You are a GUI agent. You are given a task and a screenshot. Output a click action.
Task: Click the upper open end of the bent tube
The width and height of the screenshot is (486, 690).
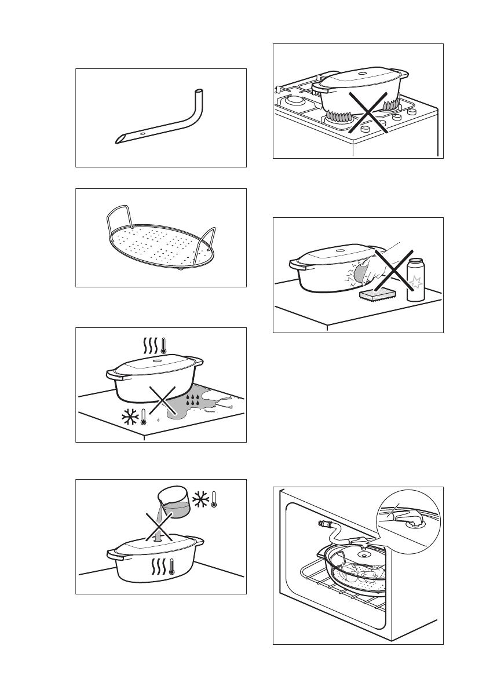pos(199,92)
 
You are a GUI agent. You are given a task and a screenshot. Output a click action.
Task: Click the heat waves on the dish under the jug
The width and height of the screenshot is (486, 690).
pos(157,566)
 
